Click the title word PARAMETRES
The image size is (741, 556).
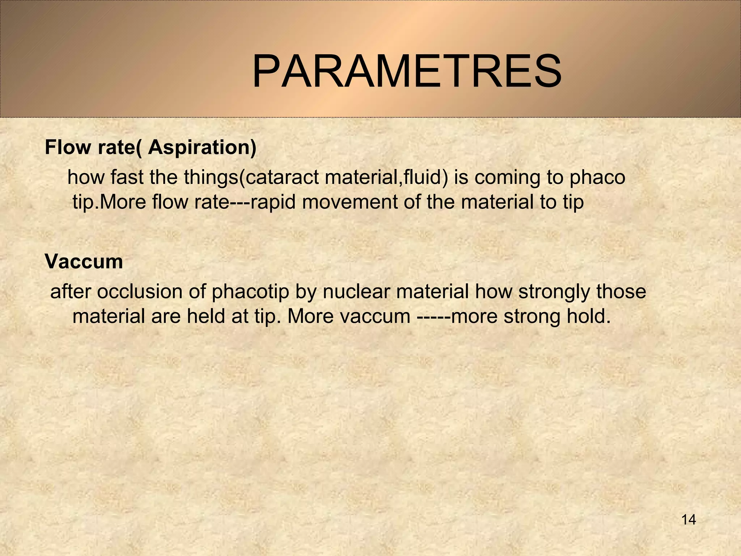click(407, 72)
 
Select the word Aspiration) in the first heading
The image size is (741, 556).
click(202, 148)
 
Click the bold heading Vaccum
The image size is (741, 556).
click(84, 262)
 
